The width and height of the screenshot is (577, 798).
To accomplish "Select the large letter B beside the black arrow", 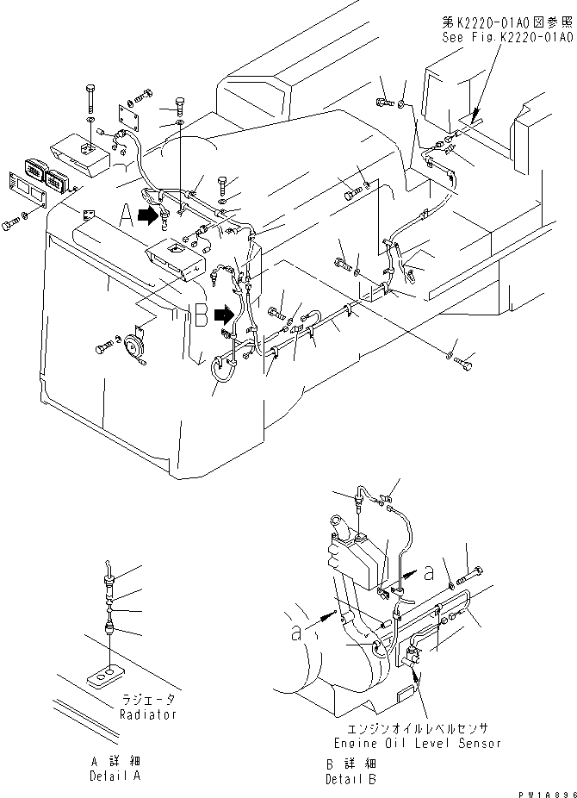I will pyautogui.click(x=200, y=317).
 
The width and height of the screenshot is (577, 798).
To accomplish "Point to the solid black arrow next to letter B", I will pyautogui.click(x=224, y=315).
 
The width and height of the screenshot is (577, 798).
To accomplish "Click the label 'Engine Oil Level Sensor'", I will pyautogui.click(x=417, y=742).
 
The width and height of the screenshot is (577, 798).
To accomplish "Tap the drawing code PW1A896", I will pyautogui.click(x=544, y=789).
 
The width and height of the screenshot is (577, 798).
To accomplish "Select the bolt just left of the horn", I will pyautogui.click(x=104, y=347).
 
